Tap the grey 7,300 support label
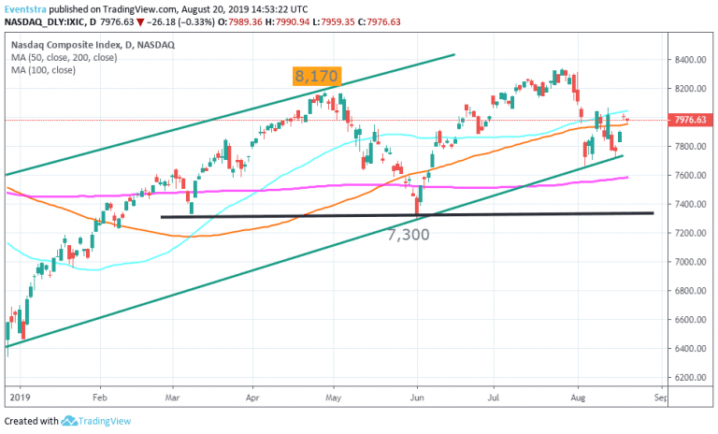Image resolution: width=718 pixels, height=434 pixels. [409, 234]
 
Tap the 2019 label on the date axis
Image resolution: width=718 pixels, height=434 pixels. [18, 397]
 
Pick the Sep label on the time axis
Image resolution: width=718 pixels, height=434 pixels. [659, 397]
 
